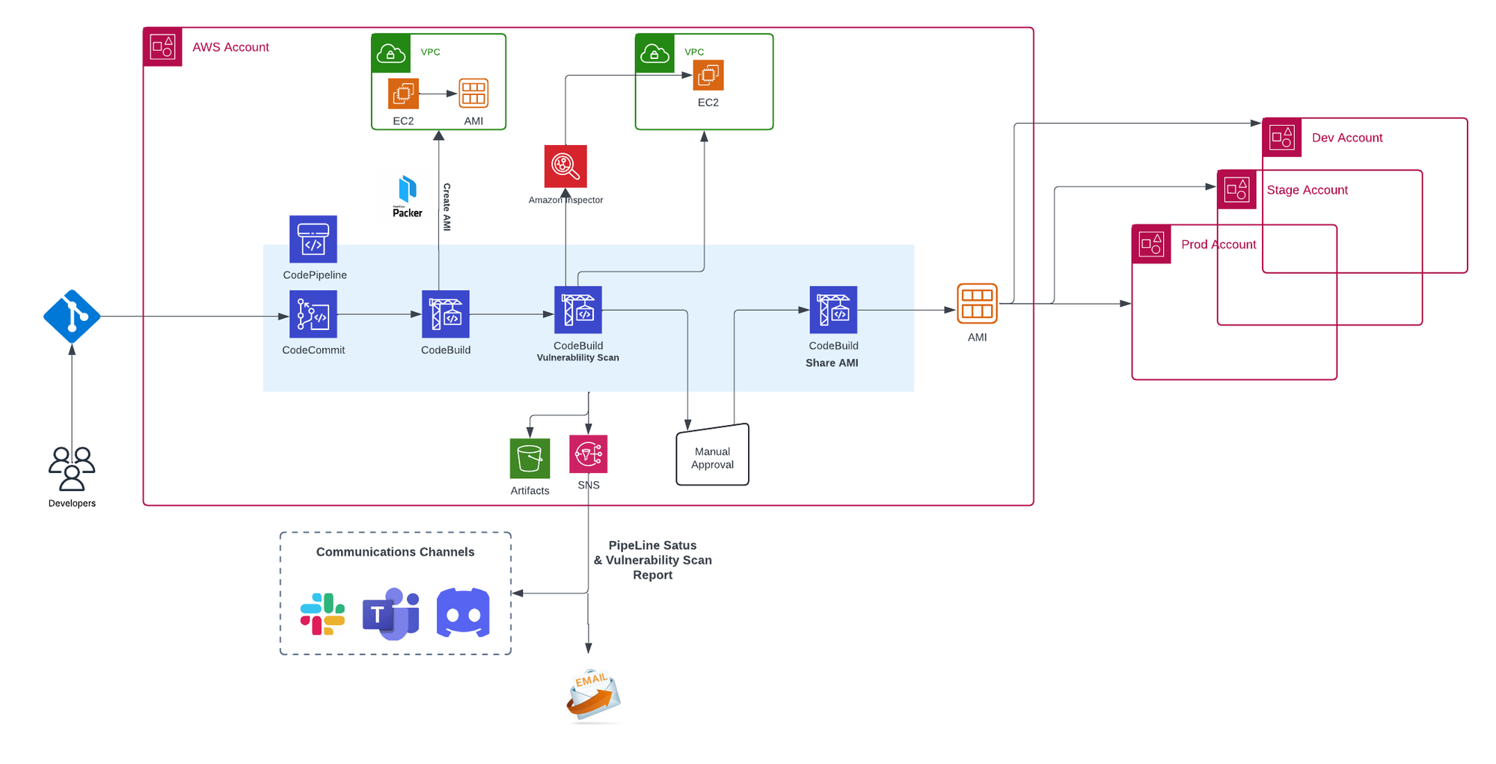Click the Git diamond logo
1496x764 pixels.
(x=72, y=317)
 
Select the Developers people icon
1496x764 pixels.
(x=72, y=468)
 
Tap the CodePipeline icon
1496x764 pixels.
(x=313, y=239)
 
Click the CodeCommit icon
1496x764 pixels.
(x=313, y=314)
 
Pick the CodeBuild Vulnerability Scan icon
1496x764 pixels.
(x=577, y=310)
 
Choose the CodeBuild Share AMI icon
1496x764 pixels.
(x=833, y=310)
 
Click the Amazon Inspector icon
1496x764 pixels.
(x=565, y=166)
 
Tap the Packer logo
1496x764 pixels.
(x=408, y=196)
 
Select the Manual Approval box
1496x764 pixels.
(x=712, y=456)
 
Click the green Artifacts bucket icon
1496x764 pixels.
(x=530, y=458)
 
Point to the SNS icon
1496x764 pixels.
(x=588, y=454)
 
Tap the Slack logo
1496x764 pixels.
(x=322, y=614)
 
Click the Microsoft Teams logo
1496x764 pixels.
(x=391, y=614)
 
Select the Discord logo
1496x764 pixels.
(x=463, y=613)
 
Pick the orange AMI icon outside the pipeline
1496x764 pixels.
(x=977, y=303)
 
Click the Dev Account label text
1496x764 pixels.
(x=1346, y=138)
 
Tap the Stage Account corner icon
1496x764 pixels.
(x=1236, y=189)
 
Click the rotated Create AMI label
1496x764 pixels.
(x=447, y=207)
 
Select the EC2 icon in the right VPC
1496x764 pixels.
(x=708, y=76)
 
